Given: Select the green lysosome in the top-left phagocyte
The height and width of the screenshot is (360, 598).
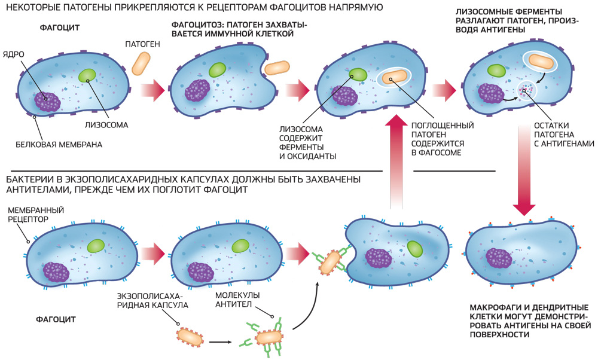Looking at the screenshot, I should coord(87,75).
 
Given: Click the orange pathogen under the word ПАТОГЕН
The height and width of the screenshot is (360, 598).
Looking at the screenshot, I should coord(142,63).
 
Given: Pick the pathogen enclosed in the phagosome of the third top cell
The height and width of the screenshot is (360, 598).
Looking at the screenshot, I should coord(395,78).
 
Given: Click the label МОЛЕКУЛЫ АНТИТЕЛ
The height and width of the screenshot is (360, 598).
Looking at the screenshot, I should coord(239,300).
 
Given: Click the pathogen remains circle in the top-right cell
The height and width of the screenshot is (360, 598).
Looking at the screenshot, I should coord(527,90).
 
